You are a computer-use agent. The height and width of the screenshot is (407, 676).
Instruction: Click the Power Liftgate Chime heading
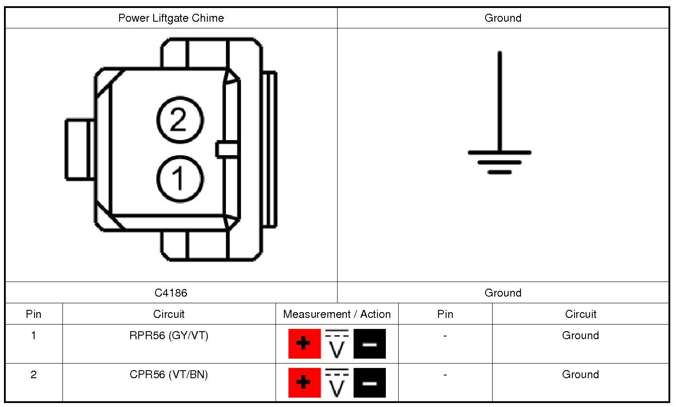click(x=171, y=18)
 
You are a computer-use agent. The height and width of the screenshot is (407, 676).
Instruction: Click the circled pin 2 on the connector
click(x=179, y=120)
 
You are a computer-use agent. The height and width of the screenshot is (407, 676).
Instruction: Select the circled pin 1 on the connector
click(x=179, y=179)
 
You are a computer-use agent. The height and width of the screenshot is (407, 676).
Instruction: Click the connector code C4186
click(x=171, y=293)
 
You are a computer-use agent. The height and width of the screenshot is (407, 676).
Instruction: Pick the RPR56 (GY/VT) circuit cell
click(x=169, y=336)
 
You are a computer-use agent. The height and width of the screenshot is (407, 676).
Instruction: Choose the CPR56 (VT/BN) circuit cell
click(x=169, y=375)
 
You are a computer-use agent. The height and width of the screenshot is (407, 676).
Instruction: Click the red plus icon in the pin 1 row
click(x=304, y=344)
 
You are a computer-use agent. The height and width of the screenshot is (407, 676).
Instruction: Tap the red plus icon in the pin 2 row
click(x=304, y=383)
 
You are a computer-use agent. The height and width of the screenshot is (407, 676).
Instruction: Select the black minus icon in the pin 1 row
click(x=369, y=344)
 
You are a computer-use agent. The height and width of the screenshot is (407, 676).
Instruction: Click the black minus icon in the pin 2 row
click(x=369, y=383)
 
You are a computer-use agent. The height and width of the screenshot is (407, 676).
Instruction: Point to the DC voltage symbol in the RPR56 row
click(x=337, y=344)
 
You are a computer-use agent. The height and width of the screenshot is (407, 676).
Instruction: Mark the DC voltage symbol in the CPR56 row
click(x=337, y=383)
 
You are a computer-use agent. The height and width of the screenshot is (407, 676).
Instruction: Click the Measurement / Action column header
click(x=337, y=314)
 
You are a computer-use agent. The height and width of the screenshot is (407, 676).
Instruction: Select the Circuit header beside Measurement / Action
click(x=169, y=314)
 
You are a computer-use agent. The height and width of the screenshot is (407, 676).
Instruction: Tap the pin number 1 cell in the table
click(x=34, y=336)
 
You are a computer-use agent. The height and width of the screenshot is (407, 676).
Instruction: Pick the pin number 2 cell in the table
click(x=34, y=375)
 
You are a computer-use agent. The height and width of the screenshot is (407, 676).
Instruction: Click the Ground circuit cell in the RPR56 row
click(x=580, y=336)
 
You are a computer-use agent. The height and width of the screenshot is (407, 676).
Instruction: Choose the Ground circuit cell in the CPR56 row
click(x=580, y=375)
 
